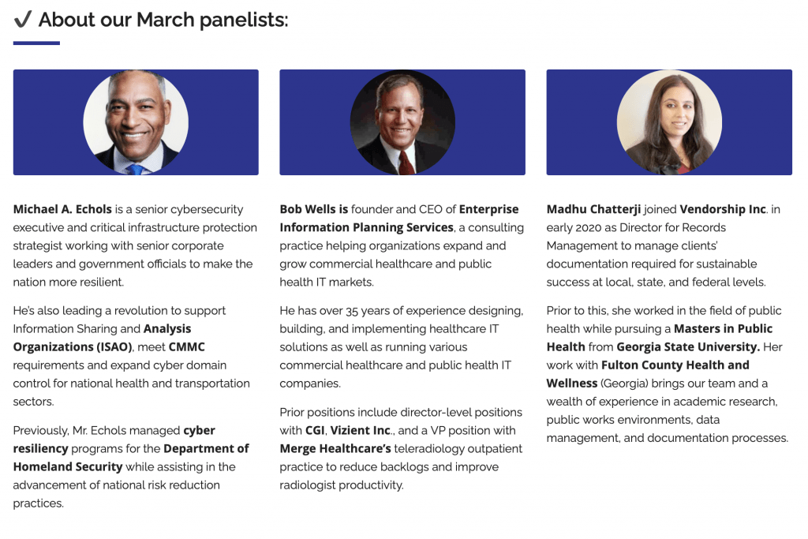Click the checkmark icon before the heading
click(x=23, y=19)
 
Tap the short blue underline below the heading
click(x=36, y=43)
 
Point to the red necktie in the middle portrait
click(x=406, y=163)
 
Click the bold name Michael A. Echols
click(x=62, y=209)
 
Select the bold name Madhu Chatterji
click(x=593, y=209)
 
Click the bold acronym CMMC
click(x=186, y=346)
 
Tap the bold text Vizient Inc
click(x=360, y=430)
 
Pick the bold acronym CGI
click(x=315, y=430)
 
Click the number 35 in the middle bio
click(x=351, y=311)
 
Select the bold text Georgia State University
click(x=688, y=346)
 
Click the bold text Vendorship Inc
click(x=723, y=209)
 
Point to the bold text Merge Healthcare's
click(x=335, y=449)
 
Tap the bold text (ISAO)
click(x=114, y=346)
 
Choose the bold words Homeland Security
click(x=68, y=467)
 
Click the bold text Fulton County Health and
click(x=675, y=365)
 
